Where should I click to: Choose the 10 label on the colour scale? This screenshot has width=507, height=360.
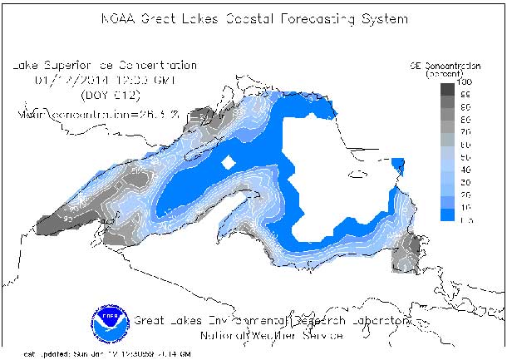(x=465, y=205)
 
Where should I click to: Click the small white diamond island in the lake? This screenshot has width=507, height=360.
(x=228, y=163)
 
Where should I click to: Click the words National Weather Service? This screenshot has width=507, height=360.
(x=272, y=337)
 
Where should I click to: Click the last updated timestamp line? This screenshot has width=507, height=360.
(x=100, y=353)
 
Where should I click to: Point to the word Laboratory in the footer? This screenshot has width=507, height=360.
(x=379, y=320)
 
